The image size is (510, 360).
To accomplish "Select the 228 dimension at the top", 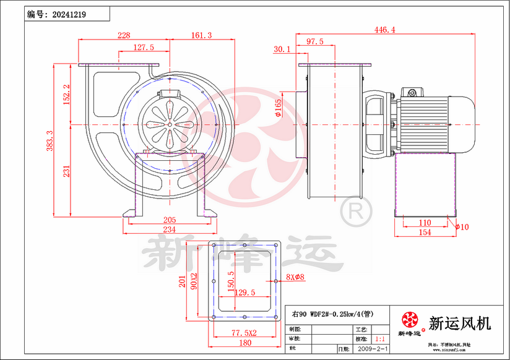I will (x=124, y=36).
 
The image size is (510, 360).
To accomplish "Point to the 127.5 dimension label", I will (x=144, y=47).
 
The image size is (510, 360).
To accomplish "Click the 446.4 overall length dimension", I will (x=385, y=29).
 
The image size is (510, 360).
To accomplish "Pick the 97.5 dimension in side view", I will (x=315, y=41).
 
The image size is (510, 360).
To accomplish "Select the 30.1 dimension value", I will (x=282, y=49).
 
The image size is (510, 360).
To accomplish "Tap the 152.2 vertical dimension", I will (x=67, y=95).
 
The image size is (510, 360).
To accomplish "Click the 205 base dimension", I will (x=170, y=220).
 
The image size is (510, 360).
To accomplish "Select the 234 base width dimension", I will (x=170, y=229).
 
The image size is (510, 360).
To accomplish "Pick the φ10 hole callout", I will (x=462, y=227).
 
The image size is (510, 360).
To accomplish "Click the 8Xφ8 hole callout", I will (x=295, y=277).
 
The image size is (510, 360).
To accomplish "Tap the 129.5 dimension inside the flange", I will (x=245, y=293).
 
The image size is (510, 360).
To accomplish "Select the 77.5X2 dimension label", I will (x=244, y=333).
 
